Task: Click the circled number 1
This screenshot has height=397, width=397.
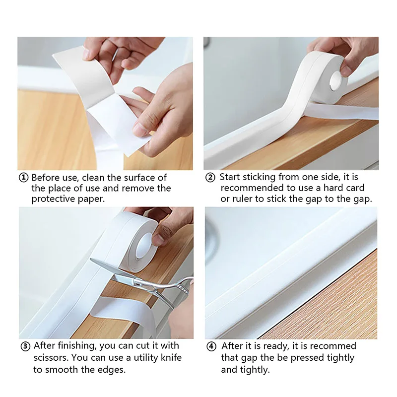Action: (23, 178)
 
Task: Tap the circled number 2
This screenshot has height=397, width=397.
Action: (210, 177)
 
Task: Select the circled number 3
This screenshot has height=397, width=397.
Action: (25, 346)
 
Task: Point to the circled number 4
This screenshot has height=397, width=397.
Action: (212, 346)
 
